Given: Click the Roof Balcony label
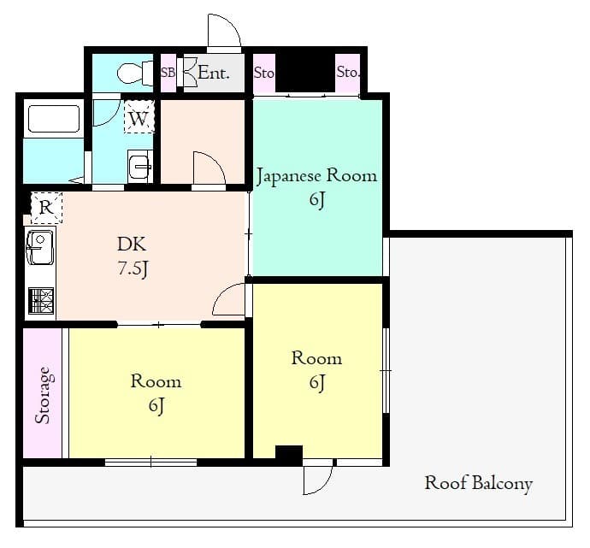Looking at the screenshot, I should click(478, 484).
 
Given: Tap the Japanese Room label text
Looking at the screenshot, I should click(316, 176).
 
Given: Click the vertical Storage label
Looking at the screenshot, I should click(43, 396).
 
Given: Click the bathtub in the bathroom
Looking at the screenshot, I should click(53, 119).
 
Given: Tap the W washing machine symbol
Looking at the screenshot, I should click(139, 118).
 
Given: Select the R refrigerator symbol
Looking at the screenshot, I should click(46, 206).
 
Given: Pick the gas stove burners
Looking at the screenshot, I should click(40, 301).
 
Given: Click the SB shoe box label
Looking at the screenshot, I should click(168, 74).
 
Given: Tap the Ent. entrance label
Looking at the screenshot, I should click(213, 74).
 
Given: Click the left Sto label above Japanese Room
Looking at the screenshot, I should click(264, 74).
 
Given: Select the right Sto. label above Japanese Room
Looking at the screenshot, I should click(348, 73).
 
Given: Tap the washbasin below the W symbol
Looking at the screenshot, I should click(139, 165).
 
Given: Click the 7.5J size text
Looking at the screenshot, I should click(133, 268).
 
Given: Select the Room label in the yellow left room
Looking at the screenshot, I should click(156, 381).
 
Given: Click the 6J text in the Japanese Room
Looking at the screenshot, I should click(316, 201).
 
